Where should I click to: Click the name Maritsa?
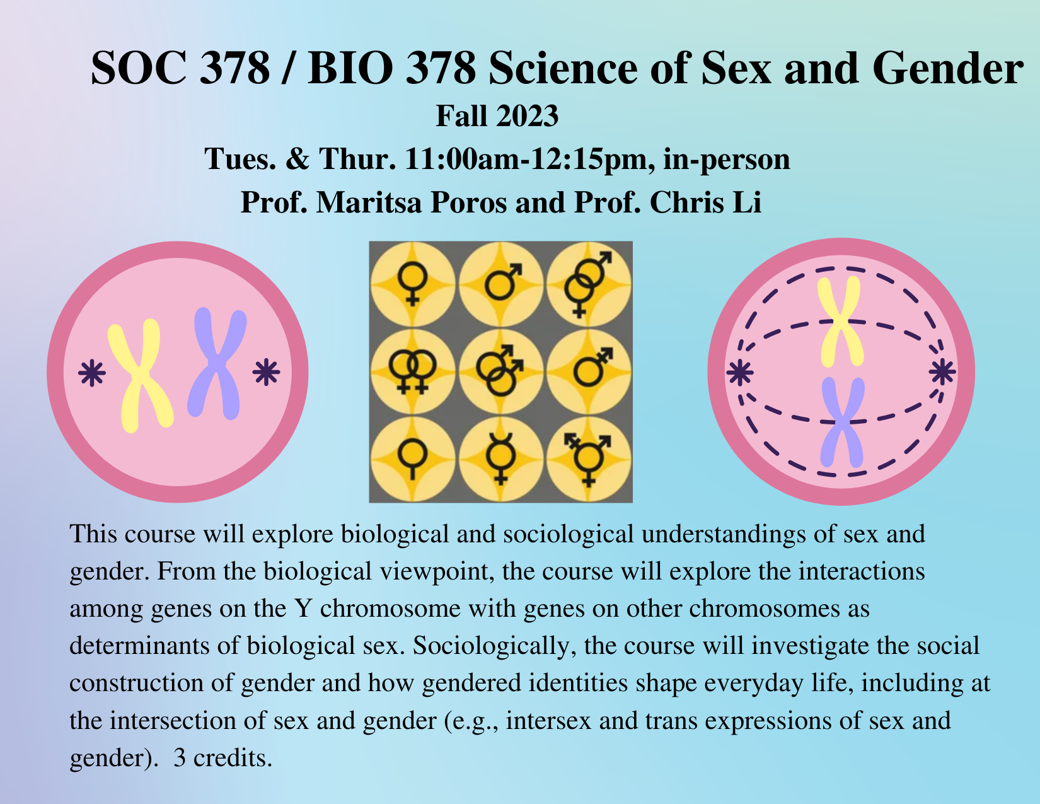click(x=369, y=202)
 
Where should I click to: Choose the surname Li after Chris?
click(x=747, y=202)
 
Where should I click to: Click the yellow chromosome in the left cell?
click(x=140, y=375)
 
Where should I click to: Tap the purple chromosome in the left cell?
click(x=217, y=363)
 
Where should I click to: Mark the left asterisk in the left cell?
click(x=92, y=373)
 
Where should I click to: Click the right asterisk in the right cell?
click(x=942, y=371)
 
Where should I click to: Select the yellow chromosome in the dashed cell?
click(x=841, y=322)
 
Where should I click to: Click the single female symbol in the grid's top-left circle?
click(x=413, y=283)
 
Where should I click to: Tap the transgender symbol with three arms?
click(x=588, y=458)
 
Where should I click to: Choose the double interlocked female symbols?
click(x=413, y=371)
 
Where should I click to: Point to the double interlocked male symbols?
click(x=500, y=371)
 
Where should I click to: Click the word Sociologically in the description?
click(x=494, y=646)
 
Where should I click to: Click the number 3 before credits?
click(x=180, y=758)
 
